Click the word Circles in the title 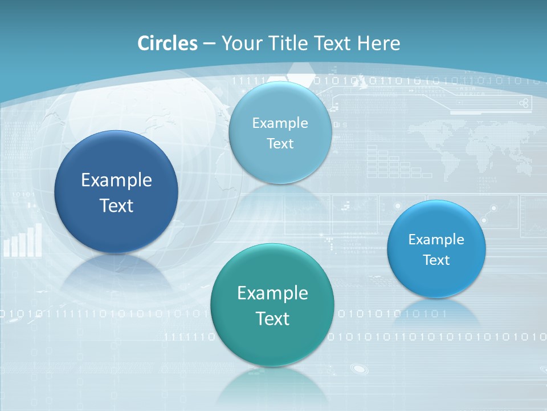167,43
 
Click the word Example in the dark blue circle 116,180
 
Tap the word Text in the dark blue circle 116,205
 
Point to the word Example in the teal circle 272,293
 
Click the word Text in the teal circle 272,319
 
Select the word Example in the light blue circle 280,123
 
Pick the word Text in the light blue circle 280,144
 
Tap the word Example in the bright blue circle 436,240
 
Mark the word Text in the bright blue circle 436,260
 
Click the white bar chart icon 23,241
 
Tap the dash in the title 209,44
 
